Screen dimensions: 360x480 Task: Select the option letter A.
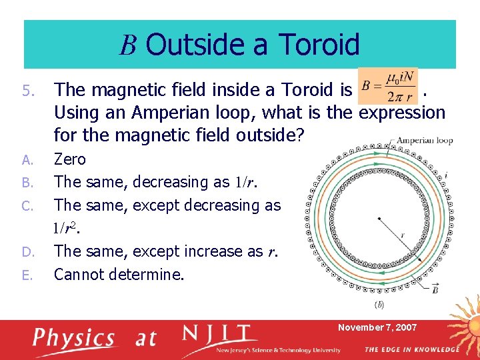[27, 160]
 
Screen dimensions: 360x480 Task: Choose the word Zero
[70, 159]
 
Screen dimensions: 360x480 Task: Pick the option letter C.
[27, 206]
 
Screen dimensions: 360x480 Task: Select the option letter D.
[27, 252]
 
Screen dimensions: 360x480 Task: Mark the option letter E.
[27, 275]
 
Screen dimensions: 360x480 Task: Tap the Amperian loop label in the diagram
[425, 141]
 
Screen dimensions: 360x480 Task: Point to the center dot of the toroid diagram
[379, 218]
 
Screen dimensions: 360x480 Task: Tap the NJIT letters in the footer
[221, 334]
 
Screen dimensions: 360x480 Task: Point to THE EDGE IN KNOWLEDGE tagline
[411, 349]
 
